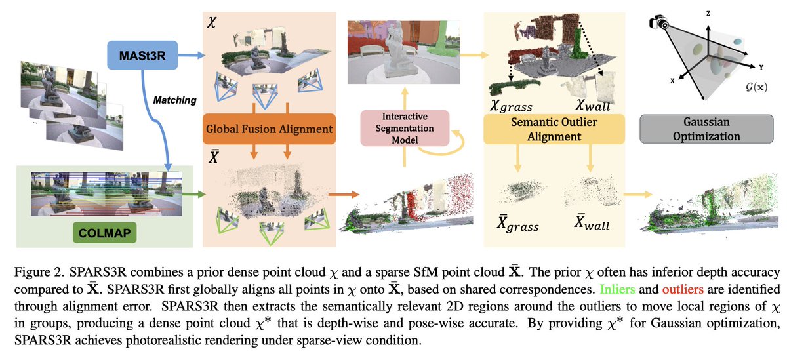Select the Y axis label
click(761, 68)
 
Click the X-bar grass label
click(517, 224)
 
